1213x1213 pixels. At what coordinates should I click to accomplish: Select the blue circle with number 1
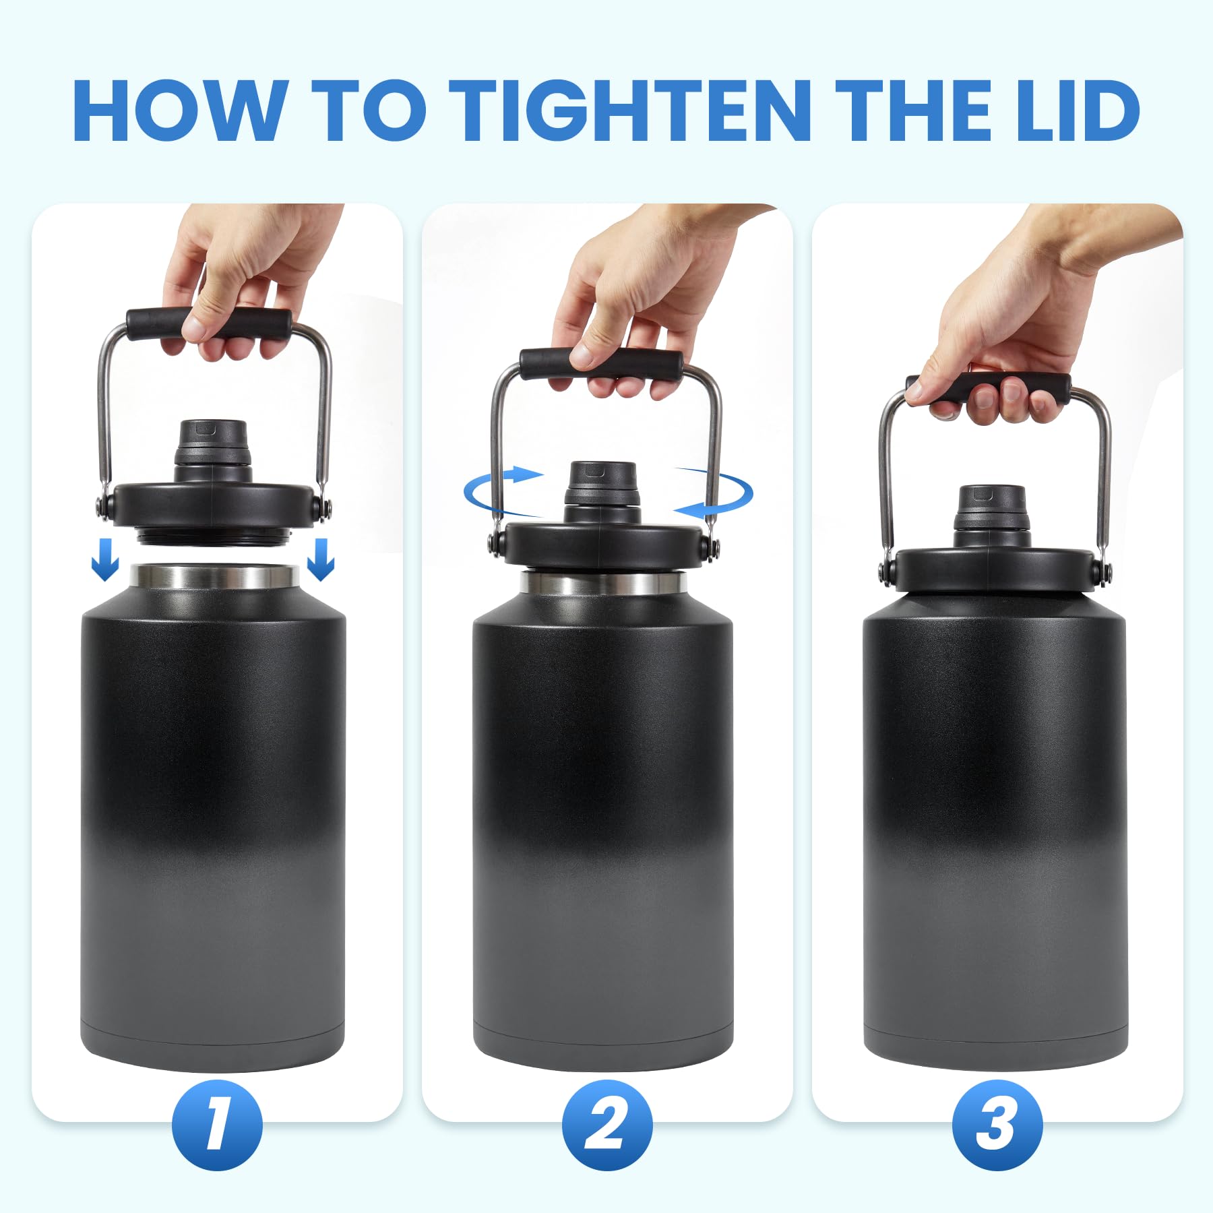click(217, 1125)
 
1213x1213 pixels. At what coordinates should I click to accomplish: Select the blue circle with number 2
click(607, 1125)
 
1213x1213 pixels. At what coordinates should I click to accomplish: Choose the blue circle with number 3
click(997, 1125)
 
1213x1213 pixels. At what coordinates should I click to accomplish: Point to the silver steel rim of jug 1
click(215, 578)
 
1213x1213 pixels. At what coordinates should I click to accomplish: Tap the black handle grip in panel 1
click(209, 325)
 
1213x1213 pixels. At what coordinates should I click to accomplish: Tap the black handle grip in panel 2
click(601, 365)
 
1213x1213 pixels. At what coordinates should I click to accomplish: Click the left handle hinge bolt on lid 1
click(103, 506)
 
